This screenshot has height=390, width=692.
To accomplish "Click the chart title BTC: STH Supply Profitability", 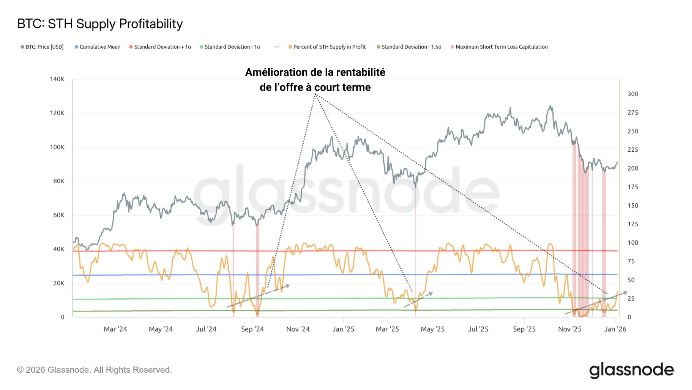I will [100, 24].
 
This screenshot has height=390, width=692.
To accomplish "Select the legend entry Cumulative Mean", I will [100, 47].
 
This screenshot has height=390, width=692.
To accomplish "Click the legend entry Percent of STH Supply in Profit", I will [329, 47].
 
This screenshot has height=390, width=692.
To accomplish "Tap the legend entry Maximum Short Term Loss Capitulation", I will [501, 47].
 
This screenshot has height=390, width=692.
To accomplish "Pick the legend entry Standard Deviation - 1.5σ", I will [411, 47].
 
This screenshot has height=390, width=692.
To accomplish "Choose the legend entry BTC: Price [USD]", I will [44, 47].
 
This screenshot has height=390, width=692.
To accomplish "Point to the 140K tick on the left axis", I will [57, 79].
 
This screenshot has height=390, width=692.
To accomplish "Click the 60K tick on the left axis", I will [58, 215].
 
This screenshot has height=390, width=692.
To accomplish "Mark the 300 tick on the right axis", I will [632, 94].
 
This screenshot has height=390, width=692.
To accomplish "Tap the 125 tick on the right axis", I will [632, 224].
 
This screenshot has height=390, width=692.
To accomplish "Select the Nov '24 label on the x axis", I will [298, 329].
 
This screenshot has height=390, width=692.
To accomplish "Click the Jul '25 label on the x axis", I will [478, 329].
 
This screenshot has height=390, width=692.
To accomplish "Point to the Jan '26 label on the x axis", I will [615, 329].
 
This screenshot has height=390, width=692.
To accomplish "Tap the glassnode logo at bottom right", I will [631, 370].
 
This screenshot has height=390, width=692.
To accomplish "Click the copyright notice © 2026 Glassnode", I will [94, 370].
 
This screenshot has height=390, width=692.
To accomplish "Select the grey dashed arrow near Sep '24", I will [258, 296].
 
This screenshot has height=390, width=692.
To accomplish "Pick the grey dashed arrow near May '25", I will [418, 300].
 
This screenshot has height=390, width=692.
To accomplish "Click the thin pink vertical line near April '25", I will [416, 262].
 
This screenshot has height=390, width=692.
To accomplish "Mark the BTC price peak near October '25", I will [551, 105].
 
